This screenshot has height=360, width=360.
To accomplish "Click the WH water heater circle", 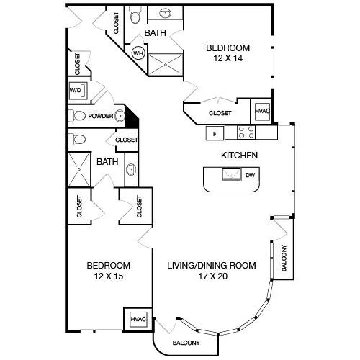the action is pyautogui.click(x=138, y=53).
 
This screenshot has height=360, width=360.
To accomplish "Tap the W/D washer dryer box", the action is pyautogui.click(x=78, y=91).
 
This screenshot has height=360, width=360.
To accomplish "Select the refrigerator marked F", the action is pyautogui.click(x=215, y=133).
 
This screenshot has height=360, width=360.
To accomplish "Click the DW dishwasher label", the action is pyautogui.click(x=250, y=175).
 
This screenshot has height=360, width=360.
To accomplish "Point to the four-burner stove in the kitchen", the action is pyautogui.click(x=246, y=132).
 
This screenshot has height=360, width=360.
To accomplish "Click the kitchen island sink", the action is pyautogui.click(x=231, y=174).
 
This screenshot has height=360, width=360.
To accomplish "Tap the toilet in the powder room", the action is pyautogui.click(x=77, y=116).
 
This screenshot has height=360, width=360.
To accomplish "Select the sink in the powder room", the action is pyautogui.click(x=120, y=116).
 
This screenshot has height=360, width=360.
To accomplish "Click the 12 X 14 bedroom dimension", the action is pyautogui.click(x=228, y=58).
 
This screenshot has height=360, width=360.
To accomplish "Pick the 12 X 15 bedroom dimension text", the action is pyautogui.click(x=109, y=276).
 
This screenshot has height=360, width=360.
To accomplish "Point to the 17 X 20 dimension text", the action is pyautogui.click(x=213, y=276).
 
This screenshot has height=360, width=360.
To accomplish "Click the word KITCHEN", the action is pyautogui.click(x=239, y=156).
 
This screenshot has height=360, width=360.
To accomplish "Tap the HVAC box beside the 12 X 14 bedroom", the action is pyautogui.click(x=262, y=112).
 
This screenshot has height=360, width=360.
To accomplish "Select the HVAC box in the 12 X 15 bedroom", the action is pyautogui.click(x=138, y=319).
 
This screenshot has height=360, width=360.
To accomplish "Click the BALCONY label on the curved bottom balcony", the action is pyautogui.click(x=186, y=343).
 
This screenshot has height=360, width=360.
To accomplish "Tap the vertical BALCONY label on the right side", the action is pyautogui.click(x=284, y=258).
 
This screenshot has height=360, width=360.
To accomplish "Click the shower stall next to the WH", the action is pyautogui.click(x=166, y=65).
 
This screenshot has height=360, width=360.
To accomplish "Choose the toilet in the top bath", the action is pyautogui.click(x=135, y=15).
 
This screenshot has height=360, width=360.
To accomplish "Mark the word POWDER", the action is pyautogui.click(x=101, y=116).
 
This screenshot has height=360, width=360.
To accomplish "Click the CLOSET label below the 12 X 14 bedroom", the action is pyautogui.click(x=220, y=113).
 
